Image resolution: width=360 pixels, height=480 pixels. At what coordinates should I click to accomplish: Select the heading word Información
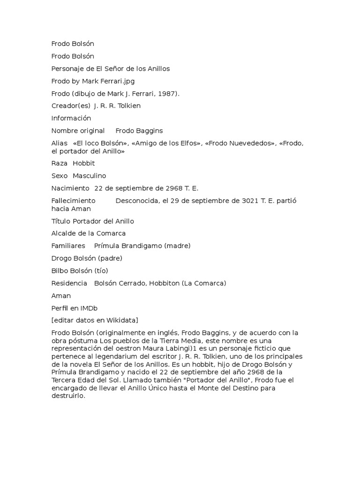(71, 118)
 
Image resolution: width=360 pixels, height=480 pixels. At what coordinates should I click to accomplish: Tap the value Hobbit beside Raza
(83, 163)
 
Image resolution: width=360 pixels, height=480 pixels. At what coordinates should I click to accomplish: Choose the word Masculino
(89, 176)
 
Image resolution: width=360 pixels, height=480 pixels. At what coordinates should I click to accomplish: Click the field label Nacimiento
(70, 188)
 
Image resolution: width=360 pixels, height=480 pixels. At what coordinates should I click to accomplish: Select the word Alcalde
(63, 233)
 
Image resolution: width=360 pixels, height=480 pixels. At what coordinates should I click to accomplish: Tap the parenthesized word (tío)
(101, 270)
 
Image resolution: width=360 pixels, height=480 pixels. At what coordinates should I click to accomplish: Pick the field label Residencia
(69, 283)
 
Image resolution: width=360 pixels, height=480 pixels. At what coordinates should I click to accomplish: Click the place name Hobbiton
(164, 283)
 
